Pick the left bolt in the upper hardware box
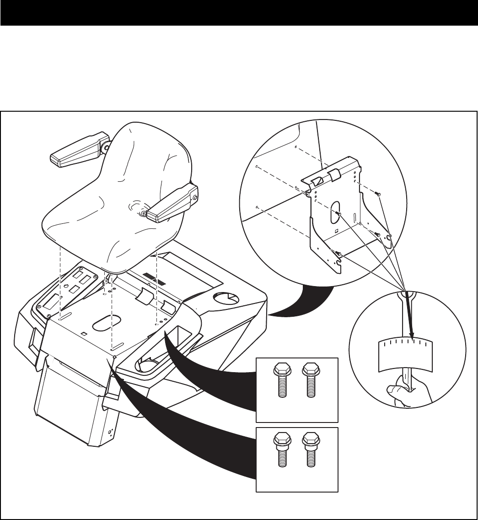point(279,379)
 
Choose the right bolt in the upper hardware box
point(310,379)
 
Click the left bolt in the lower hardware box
point(280,450)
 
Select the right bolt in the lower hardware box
point(310,450)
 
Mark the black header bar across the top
point(239,12)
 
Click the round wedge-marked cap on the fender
point(227,298)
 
